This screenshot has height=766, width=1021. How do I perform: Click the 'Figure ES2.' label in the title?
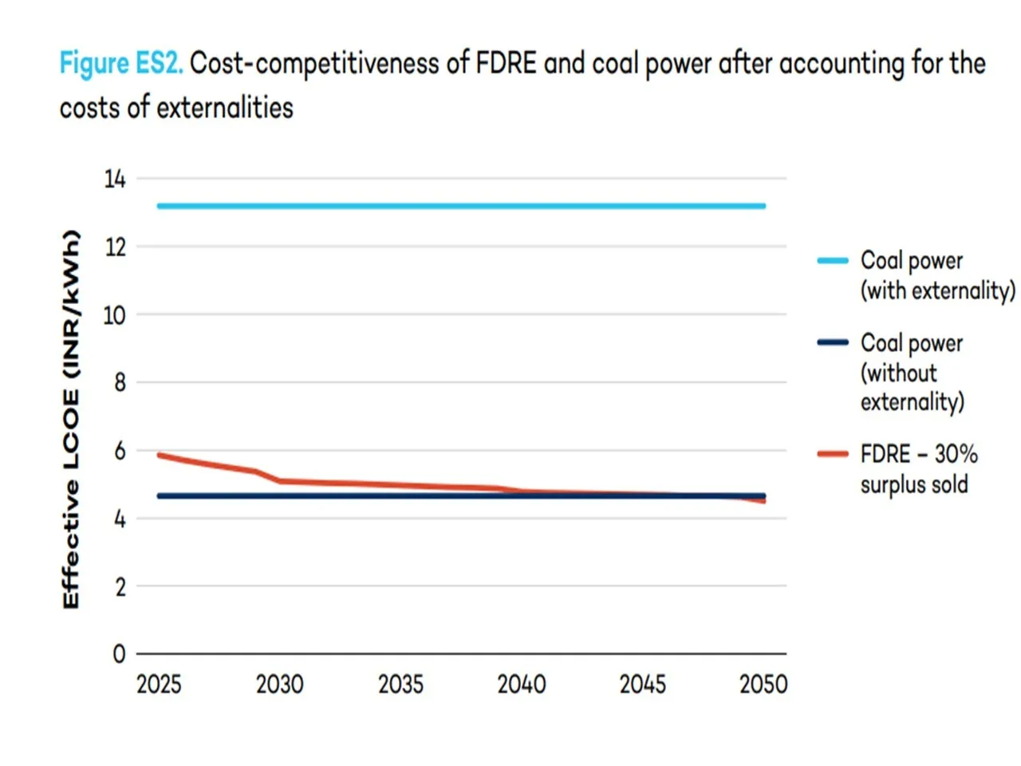pos(121,63)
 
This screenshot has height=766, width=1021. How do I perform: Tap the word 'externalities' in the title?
pos(225,107)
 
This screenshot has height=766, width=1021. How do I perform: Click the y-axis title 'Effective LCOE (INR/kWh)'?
pos(72,420)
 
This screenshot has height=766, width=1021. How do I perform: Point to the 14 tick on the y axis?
pos(115,179)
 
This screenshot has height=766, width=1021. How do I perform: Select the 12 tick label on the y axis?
pos(115,247)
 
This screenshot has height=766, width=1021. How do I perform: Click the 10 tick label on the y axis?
pos(115,315)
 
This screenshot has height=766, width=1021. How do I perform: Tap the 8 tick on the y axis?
pos(120,383)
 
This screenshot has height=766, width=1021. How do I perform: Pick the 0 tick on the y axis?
pos(120,654)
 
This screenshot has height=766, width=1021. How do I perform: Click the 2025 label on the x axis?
pos(159,685)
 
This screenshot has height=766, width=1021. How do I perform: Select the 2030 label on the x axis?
pos(279,685)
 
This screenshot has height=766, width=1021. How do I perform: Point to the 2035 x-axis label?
pos(400,685)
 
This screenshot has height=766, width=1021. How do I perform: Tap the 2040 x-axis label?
pos(522,685)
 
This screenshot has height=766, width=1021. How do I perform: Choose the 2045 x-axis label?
pos(643,685)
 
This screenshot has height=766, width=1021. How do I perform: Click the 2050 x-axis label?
pos(763,685)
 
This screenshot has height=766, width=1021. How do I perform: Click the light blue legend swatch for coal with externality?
pos(833,260)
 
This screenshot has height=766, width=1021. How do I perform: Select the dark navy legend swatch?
pos(833,342)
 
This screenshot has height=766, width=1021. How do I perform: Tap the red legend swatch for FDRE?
pos(833,454)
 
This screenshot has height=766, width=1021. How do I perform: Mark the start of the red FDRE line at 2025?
pos(160,455)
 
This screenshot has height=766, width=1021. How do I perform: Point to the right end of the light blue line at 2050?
pos(763,206)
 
